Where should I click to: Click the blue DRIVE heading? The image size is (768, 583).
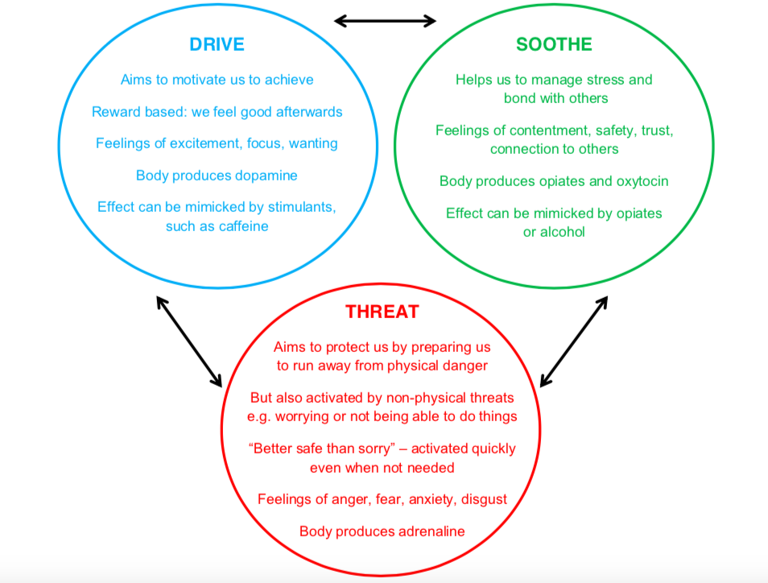click(x=217, y=43)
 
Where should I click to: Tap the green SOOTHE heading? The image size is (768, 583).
click(x=554, y=43)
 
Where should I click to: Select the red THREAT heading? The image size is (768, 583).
click(x=382, y=312)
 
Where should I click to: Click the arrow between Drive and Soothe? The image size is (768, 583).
click(x=385, y=20)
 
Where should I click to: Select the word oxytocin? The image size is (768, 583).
click(x=639, y=181)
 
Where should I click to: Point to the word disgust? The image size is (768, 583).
click(x=484, y=499)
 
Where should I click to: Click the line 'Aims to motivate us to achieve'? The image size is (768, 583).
click(x=217, y=80)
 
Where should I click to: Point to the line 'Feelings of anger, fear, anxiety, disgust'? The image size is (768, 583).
click(x=382, y=499)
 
